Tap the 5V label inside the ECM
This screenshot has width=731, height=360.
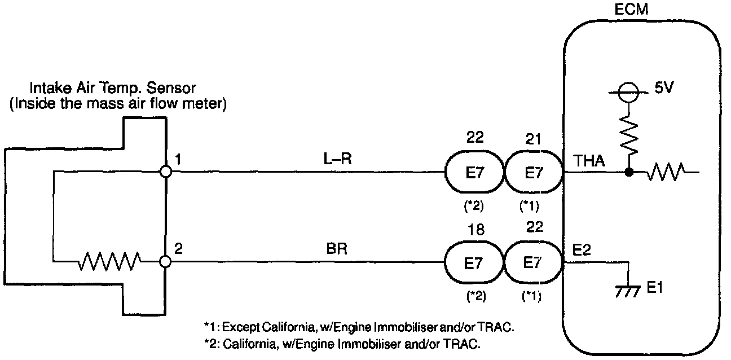tap(664, 89)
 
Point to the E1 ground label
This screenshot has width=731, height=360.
tap(655, 288)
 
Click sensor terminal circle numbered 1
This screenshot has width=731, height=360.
tap(166, 172)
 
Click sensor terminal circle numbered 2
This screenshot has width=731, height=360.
tap(166, 262)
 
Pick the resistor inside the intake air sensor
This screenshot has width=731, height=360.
tap(110, 262)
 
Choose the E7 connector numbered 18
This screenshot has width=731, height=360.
tap(473, 262)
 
